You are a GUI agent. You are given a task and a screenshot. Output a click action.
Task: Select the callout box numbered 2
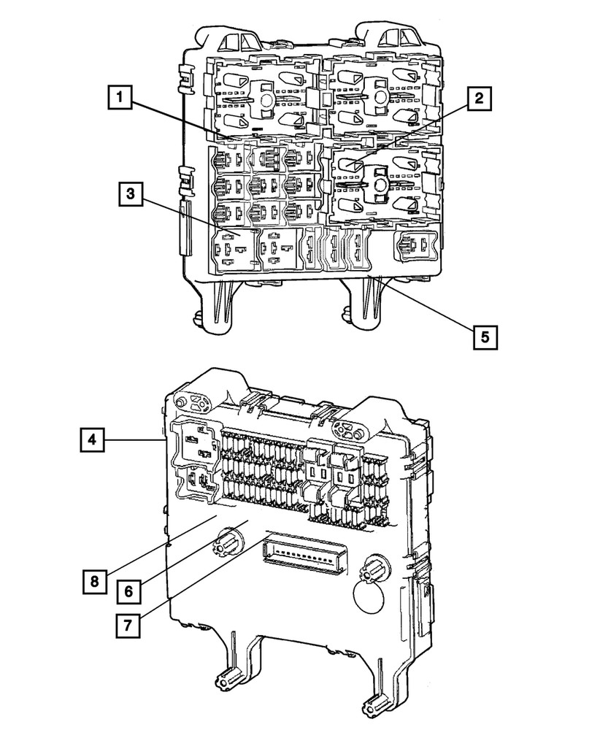tap(476, 99)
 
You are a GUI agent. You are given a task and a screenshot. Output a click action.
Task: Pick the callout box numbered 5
tap(484, 337)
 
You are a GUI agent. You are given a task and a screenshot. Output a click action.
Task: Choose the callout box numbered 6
tap(128, 591)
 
